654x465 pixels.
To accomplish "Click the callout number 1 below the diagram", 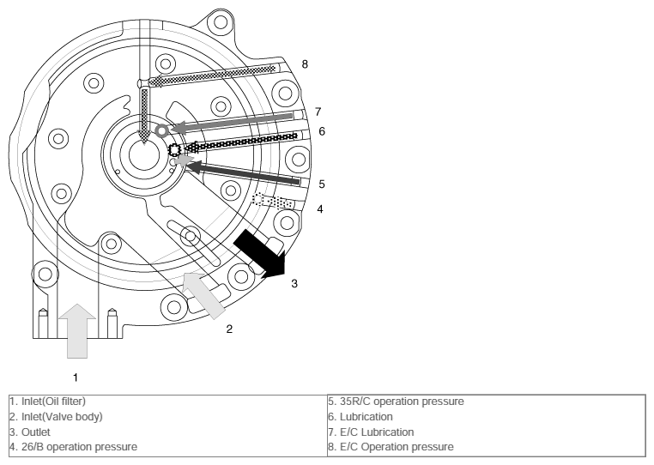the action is [x=76, y=377].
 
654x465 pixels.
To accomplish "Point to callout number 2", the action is [x=229, y=329].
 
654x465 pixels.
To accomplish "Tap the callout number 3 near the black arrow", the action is [x=294, y=284].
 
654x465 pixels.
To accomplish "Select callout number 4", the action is [x=320, y=209].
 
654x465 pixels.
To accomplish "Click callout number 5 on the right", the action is [x=322, y=184].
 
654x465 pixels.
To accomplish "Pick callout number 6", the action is [x=322, y=131].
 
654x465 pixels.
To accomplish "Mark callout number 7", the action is [x=318, y=112].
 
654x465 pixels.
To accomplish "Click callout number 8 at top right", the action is [x=305, y=64].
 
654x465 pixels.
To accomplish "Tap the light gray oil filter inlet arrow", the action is [x=77, y=330].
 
